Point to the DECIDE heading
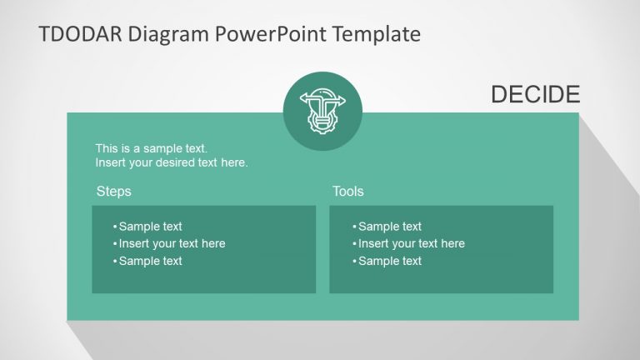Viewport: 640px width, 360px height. (535, 95)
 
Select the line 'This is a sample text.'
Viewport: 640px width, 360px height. (151, 148)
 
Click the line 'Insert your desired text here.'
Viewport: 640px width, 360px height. (171, 162)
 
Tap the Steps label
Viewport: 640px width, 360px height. (113, 192)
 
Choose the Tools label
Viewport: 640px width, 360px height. (347, 192)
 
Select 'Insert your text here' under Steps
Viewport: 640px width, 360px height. (172, 243)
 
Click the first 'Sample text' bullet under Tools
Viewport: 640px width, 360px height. (390, 226)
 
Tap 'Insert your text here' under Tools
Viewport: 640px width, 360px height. (412, 243)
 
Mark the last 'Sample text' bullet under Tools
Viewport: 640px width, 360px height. (390, 261)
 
